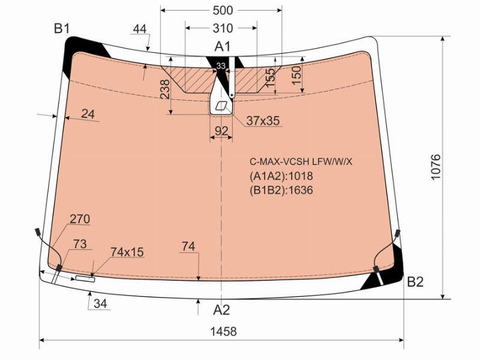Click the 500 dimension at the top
tap(223, 10)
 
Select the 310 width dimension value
tap(223, 28)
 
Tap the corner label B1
tap(62, 28)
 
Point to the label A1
tap(222, 47)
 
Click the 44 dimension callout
tap(140, 29)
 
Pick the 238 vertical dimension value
tap(165, 89)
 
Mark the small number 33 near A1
tap(221, 66)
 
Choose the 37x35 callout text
tap(263, 121)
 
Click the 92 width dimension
tap(221, 131)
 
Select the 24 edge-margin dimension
tap(88, 114)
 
